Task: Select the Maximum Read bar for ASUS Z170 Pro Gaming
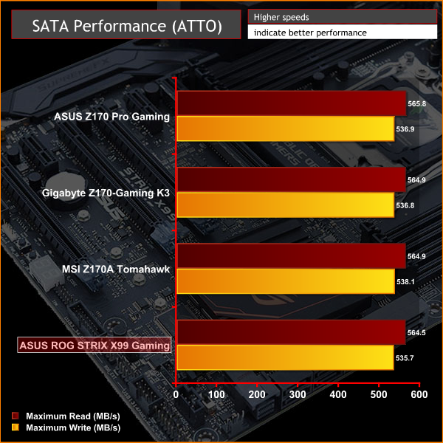point(291,104)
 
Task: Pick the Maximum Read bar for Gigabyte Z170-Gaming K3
point(291,180)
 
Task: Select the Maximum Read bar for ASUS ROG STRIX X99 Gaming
point(291,333)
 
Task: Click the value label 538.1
point(407,281)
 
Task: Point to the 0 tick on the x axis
point(176,395)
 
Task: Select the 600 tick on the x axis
point(419,395)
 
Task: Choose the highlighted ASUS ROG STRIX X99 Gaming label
point(94,345)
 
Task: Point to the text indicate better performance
point(309,32)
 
